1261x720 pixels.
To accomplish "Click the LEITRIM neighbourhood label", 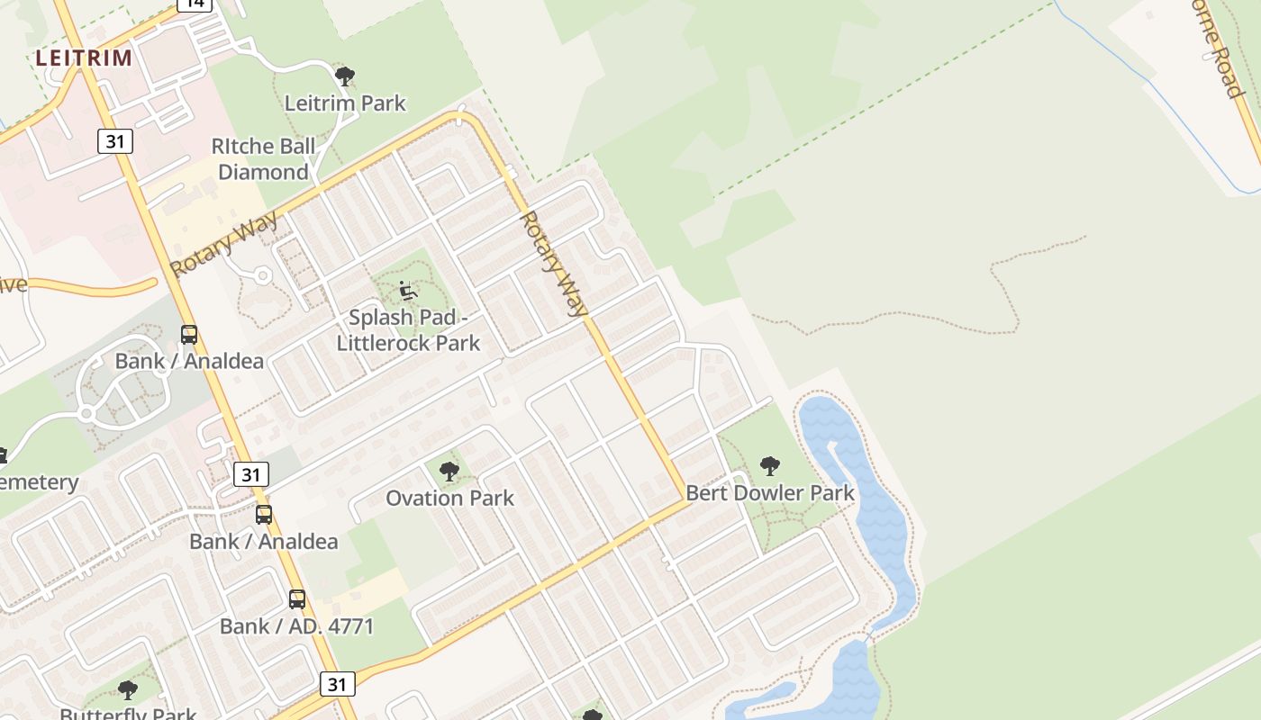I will pyautogui.click(x=84, y=58).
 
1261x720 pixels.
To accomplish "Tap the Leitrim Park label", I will pyautogui.click(x=345, y=103).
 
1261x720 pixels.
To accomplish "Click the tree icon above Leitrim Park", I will pyautogui.click(x=344, y=76).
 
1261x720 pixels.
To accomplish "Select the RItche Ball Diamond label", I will pyautogui.click(x=263, y=158).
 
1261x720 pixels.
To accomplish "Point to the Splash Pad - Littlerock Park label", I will pyautogui.click(x=408, y=329).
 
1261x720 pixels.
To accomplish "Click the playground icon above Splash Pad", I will pyautogui.click(x=408, y=291).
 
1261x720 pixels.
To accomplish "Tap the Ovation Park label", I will pyautogui.click(x=449, y=498).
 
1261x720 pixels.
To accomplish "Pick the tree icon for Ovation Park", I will pyautogui.click(x=449, y=470).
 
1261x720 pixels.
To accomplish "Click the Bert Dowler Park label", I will pyautogui.click(x=770, y=492).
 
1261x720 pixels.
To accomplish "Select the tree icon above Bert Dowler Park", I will pyautogui.click(x=769, y=465).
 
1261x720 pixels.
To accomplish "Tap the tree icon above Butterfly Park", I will pyautogui.click(x=128, y=690).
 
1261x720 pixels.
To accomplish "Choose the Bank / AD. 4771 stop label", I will pyautogui.click(x=296, y=625).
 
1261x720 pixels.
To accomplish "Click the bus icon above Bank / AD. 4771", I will pyautogui.click(x=296, y=598).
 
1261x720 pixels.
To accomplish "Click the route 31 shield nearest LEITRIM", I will pyautogui.click(x=114, y=140).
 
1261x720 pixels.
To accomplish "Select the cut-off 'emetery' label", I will pyautogui.click(x=38, y=481).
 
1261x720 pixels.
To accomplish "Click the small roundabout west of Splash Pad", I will pyautogui.click(x=263, y=275).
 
